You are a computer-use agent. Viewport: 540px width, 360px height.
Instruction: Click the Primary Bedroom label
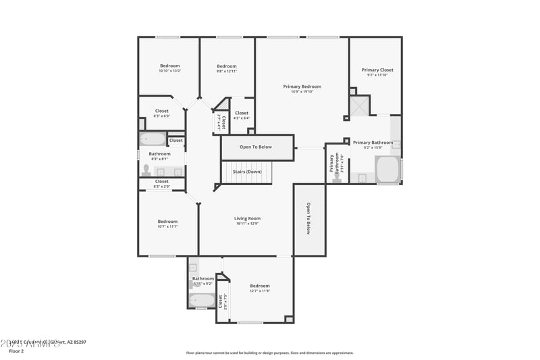[x=302, y=86]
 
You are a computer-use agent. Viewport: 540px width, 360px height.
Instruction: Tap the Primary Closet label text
[x=377, y=70]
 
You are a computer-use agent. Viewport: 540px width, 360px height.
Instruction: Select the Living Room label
[x=247, y=218]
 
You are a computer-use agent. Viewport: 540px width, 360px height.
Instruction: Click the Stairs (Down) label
[x=247, y=172]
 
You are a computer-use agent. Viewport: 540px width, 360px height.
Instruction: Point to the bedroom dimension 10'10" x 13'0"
[x=169, y=71]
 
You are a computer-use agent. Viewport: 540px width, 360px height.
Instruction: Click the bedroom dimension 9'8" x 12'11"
[x=226, y=71]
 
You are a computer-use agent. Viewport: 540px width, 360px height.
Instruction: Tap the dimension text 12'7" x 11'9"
[x=259, y=291]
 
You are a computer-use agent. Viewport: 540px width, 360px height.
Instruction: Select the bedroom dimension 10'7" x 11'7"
[x=167, y=227]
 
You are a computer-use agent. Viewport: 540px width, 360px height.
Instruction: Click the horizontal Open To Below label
[x=256, y=147]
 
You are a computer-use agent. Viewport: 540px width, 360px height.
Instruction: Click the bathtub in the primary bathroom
[x=387, y=170]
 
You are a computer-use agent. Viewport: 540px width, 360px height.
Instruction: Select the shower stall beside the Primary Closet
[x=358, y=106]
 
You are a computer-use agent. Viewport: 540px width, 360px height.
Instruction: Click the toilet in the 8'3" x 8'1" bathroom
[x=146, y=170]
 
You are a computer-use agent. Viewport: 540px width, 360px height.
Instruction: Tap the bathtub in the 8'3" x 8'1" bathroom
[x=152, y=140]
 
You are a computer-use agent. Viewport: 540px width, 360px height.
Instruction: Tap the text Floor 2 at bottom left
[x=16, y=351]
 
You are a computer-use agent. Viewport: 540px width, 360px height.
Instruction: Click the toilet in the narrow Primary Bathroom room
[x=337, y=178]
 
